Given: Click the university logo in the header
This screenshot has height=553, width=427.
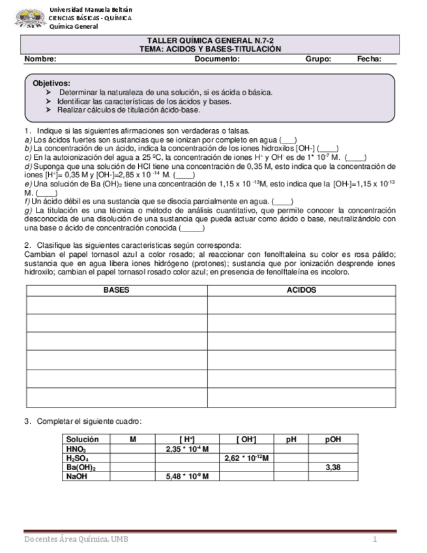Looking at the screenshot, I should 30,18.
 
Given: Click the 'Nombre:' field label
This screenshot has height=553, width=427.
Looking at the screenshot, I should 40,59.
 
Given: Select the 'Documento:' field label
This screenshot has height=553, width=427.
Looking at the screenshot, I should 217,59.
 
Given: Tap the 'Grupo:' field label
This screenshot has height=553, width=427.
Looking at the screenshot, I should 318,59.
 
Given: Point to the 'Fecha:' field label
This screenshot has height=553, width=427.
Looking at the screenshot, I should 369,59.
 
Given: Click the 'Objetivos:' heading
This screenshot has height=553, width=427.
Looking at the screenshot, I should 52,83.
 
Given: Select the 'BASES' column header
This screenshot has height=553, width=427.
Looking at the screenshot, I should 117,290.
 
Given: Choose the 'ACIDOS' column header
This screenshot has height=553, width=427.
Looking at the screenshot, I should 301,290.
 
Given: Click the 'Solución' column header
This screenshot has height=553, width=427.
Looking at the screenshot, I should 83,440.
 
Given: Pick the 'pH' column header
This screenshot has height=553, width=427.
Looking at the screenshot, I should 291,440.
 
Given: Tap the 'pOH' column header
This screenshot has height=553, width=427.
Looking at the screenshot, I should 333,440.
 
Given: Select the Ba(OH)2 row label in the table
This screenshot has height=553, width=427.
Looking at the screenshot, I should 81,468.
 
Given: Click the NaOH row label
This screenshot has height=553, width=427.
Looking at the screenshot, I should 77,477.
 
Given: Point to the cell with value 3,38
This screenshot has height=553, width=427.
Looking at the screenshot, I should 333,468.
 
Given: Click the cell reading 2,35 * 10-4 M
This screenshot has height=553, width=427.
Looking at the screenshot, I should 187,449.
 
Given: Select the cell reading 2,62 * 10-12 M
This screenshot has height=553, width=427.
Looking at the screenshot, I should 246,458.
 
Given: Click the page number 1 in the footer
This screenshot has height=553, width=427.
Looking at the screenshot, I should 375,539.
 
